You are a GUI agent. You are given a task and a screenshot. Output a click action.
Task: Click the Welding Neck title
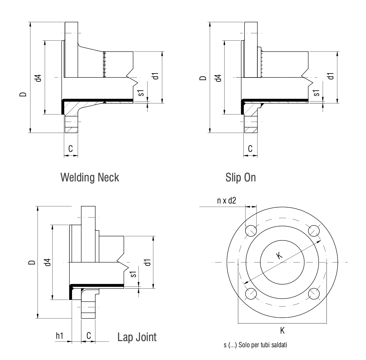90,177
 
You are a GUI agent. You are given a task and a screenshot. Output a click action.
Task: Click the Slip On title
241,177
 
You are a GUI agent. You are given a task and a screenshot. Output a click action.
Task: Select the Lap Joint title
137,337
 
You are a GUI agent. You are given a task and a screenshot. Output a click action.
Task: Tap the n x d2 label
227,201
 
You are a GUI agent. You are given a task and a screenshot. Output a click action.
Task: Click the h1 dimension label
60,336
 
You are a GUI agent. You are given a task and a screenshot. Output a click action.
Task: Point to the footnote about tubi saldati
255,345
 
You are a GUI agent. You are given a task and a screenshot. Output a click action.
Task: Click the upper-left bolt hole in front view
251,231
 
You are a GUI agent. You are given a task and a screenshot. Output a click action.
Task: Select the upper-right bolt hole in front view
314,231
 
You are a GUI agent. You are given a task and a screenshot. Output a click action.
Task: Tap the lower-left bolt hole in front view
251,294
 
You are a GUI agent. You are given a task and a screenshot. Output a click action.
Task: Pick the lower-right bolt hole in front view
314,294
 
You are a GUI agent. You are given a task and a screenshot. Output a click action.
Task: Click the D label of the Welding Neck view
23,94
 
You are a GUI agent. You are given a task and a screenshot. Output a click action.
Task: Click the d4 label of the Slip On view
219,78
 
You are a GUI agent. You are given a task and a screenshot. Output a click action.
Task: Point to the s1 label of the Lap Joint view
134,274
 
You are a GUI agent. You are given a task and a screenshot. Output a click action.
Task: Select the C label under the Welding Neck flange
71,149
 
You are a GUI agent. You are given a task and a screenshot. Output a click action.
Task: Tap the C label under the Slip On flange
250,149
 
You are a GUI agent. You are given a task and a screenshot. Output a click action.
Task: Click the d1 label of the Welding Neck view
155,76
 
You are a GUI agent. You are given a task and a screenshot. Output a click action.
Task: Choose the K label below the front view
282,331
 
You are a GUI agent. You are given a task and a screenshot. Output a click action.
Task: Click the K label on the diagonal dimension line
279,255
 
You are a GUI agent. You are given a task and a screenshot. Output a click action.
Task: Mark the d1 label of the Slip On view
331,76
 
